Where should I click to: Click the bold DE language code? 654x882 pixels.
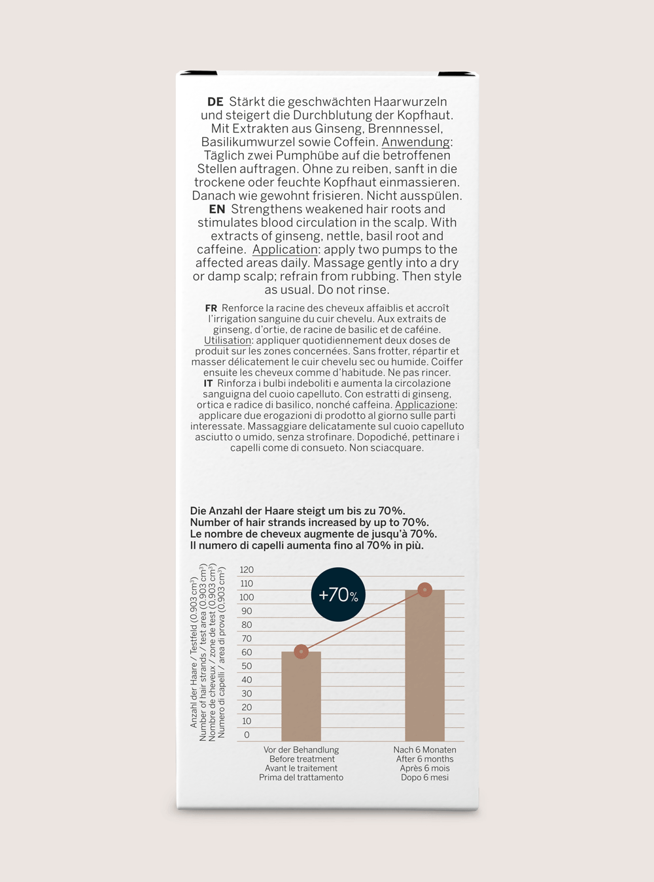(x=215, y=102)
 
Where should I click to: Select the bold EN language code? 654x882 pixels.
(x=217, y=210)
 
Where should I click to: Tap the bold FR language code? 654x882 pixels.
(x=211, y=308)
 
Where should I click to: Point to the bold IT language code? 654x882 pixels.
(x=208, y=384)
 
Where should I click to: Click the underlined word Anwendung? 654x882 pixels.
(x=416, y=142)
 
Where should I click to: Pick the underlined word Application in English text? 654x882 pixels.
(x=285, y=250)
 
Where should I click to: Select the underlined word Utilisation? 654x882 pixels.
(x=228, y=340)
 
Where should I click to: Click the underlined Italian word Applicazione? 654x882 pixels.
(x=425, y=405)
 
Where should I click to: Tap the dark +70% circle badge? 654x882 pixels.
(x=338, y=595)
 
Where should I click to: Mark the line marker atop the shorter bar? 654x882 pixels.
(x=301, y=651)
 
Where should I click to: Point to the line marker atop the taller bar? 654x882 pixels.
(x=424, y=590)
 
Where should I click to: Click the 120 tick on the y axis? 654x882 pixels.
(x=247, y=570)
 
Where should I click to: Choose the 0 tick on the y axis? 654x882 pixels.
(x=247, y=735)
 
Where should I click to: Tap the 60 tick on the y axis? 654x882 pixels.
(x=247, y=653)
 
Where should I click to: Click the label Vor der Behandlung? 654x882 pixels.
(x=301, y=750)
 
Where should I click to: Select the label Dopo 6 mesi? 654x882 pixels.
(x=424, y=777)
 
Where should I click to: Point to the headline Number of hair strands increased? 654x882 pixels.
(x=309, y=523)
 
